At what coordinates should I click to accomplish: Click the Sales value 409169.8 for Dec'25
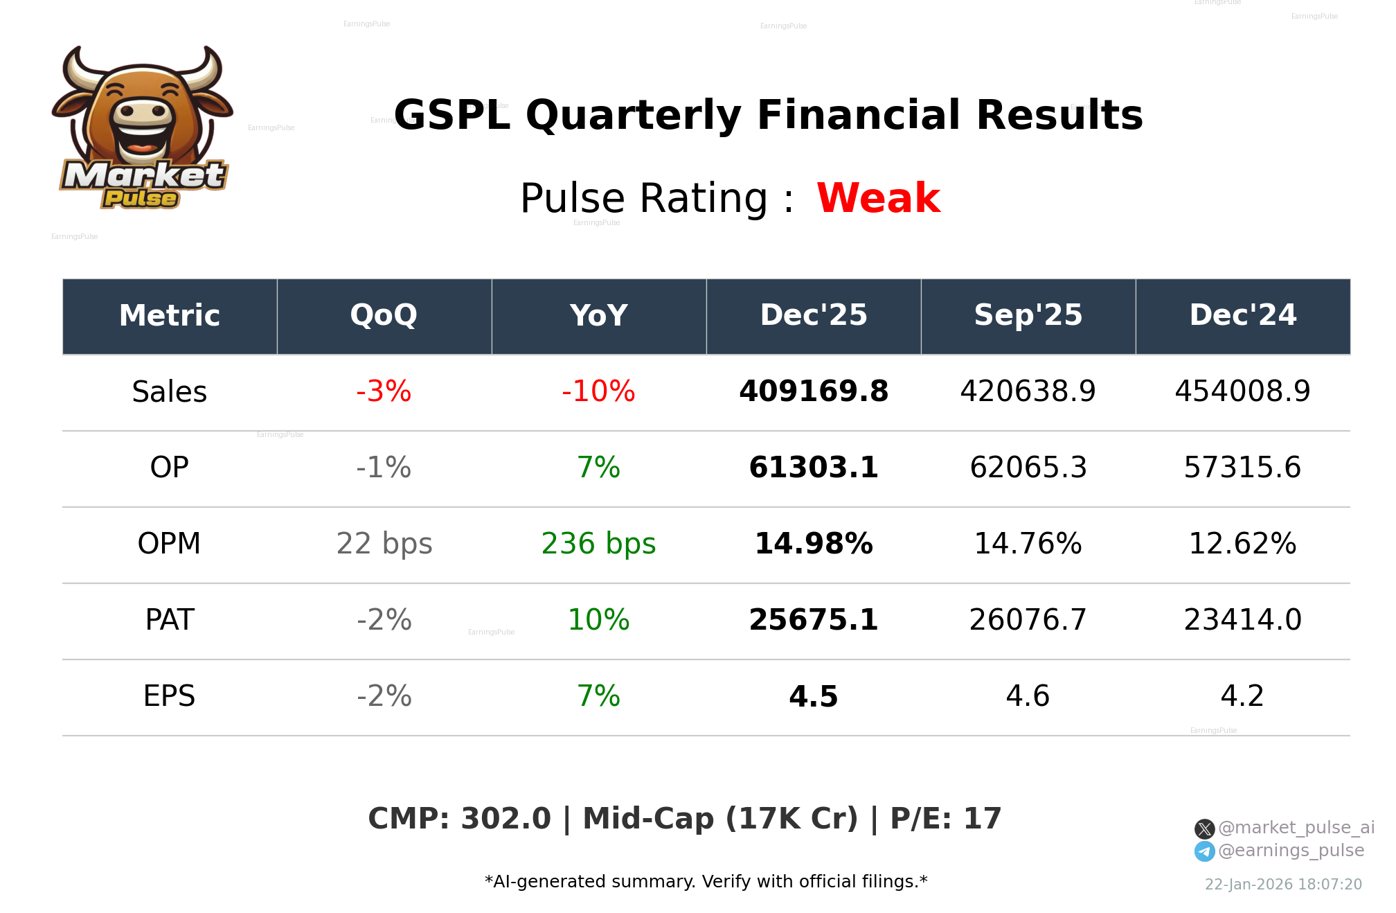click(x=813, y=392)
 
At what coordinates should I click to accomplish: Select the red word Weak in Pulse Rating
click(x=878, y=199)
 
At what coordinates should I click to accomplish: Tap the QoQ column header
click(x=384, y=316)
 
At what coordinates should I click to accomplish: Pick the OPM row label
click(x=169, y=544)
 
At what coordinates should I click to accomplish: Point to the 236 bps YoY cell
click(x=598, y=544)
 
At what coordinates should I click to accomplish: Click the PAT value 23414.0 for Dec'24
click(x=1242, y=620)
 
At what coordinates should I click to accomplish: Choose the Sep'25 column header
click(x=1028, y=316)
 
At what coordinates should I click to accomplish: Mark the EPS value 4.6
click(x=1028, y=696)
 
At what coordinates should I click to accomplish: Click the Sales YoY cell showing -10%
click(x=598, y=392)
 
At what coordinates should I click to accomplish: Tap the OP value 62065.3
click(x=1028, y=468)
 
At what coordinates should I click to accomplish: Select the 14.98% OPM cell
click(x=813, y=544)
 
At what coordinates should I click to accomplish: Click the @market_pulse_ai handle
click(x=1296, y=828)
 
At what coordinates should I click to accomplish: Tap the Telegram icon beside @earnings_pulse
click(x=1204, y=851)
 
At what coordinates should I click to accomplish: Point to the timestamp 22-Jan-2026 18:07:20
click(x=1283, y=885)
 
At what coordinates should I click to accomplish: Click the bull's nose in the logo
click(x=143, y=112)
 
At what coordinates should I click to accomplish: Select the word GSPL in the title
click(x=452, y=116)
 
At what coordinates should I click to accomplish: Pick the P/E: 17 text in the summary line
click(x=945, y=819)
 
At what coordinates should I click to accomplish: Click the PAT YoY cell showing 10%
click(x=598, y=620)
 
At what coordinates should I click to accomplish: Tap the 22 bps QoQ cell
click(x=384, y=544)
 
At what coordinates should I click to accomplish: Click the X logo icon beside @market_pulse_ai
click(x=1204, y=828)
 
